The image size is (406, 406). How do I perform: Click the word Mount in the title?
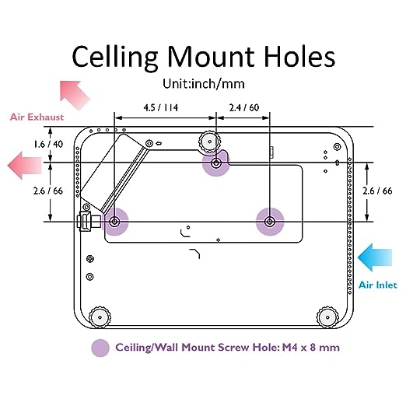tap(211, 58)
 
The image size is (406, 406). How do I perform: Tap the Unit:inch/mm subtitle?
tap(204, 84)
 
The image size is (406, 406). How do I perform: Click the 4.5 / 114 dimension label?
tap(161, 107)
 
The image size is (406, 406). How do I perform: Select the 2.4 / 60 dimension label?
tap(244, 107)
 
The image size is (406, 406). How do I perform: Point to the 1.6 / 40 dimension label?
tap(48, 144)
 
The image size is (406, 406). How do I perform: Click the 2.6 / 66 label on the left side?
tap(48, 191)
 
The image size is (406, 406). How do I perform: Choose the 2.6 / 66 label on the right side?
tap(377, 191)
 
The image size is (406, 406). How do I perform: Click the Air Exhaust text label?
tap(37, 117)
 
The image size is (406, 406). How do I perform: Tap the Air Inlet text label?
tap(378, 285)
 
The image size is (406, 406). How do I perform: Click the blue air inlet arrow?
tap(375, 257)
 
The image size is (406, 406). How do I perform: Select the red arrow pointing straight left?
tap(25, 166)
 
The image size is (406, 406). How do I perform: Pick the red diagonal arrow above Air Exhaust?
tap(75, 95)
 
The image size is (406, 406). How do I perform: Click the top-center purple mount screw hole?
tap(216, 163)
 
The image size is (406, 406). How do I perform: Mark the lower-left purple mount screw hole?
tap(114, 222)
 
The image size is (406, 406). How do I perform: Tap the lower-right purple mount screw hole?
tap(270, 222)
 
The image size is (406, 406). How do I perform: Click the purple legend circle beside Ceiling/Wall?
tap(100, 348)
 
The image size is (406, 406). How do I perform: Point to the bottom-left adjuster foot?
tap(100, 317)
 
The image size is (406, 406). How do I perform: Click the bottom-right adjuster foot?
tap(327, 317)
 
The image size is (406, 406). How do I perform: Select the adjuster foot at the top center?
tap(209, 142)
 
